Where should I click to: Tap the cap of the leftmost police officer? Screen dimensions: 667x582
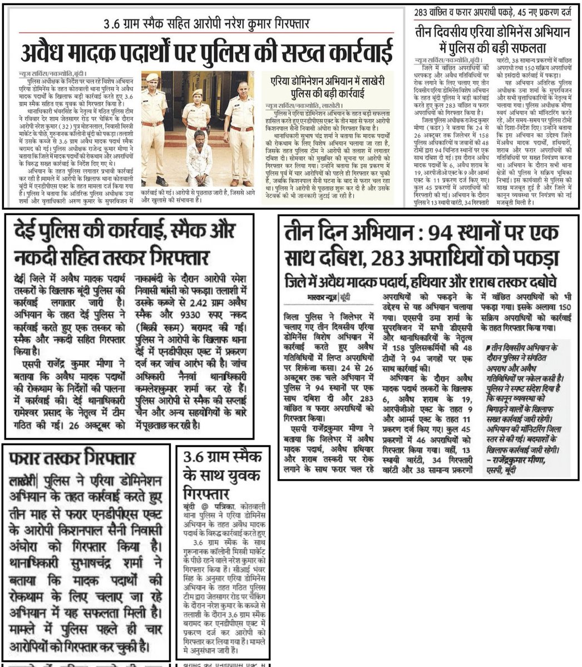tap(152, 78)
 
